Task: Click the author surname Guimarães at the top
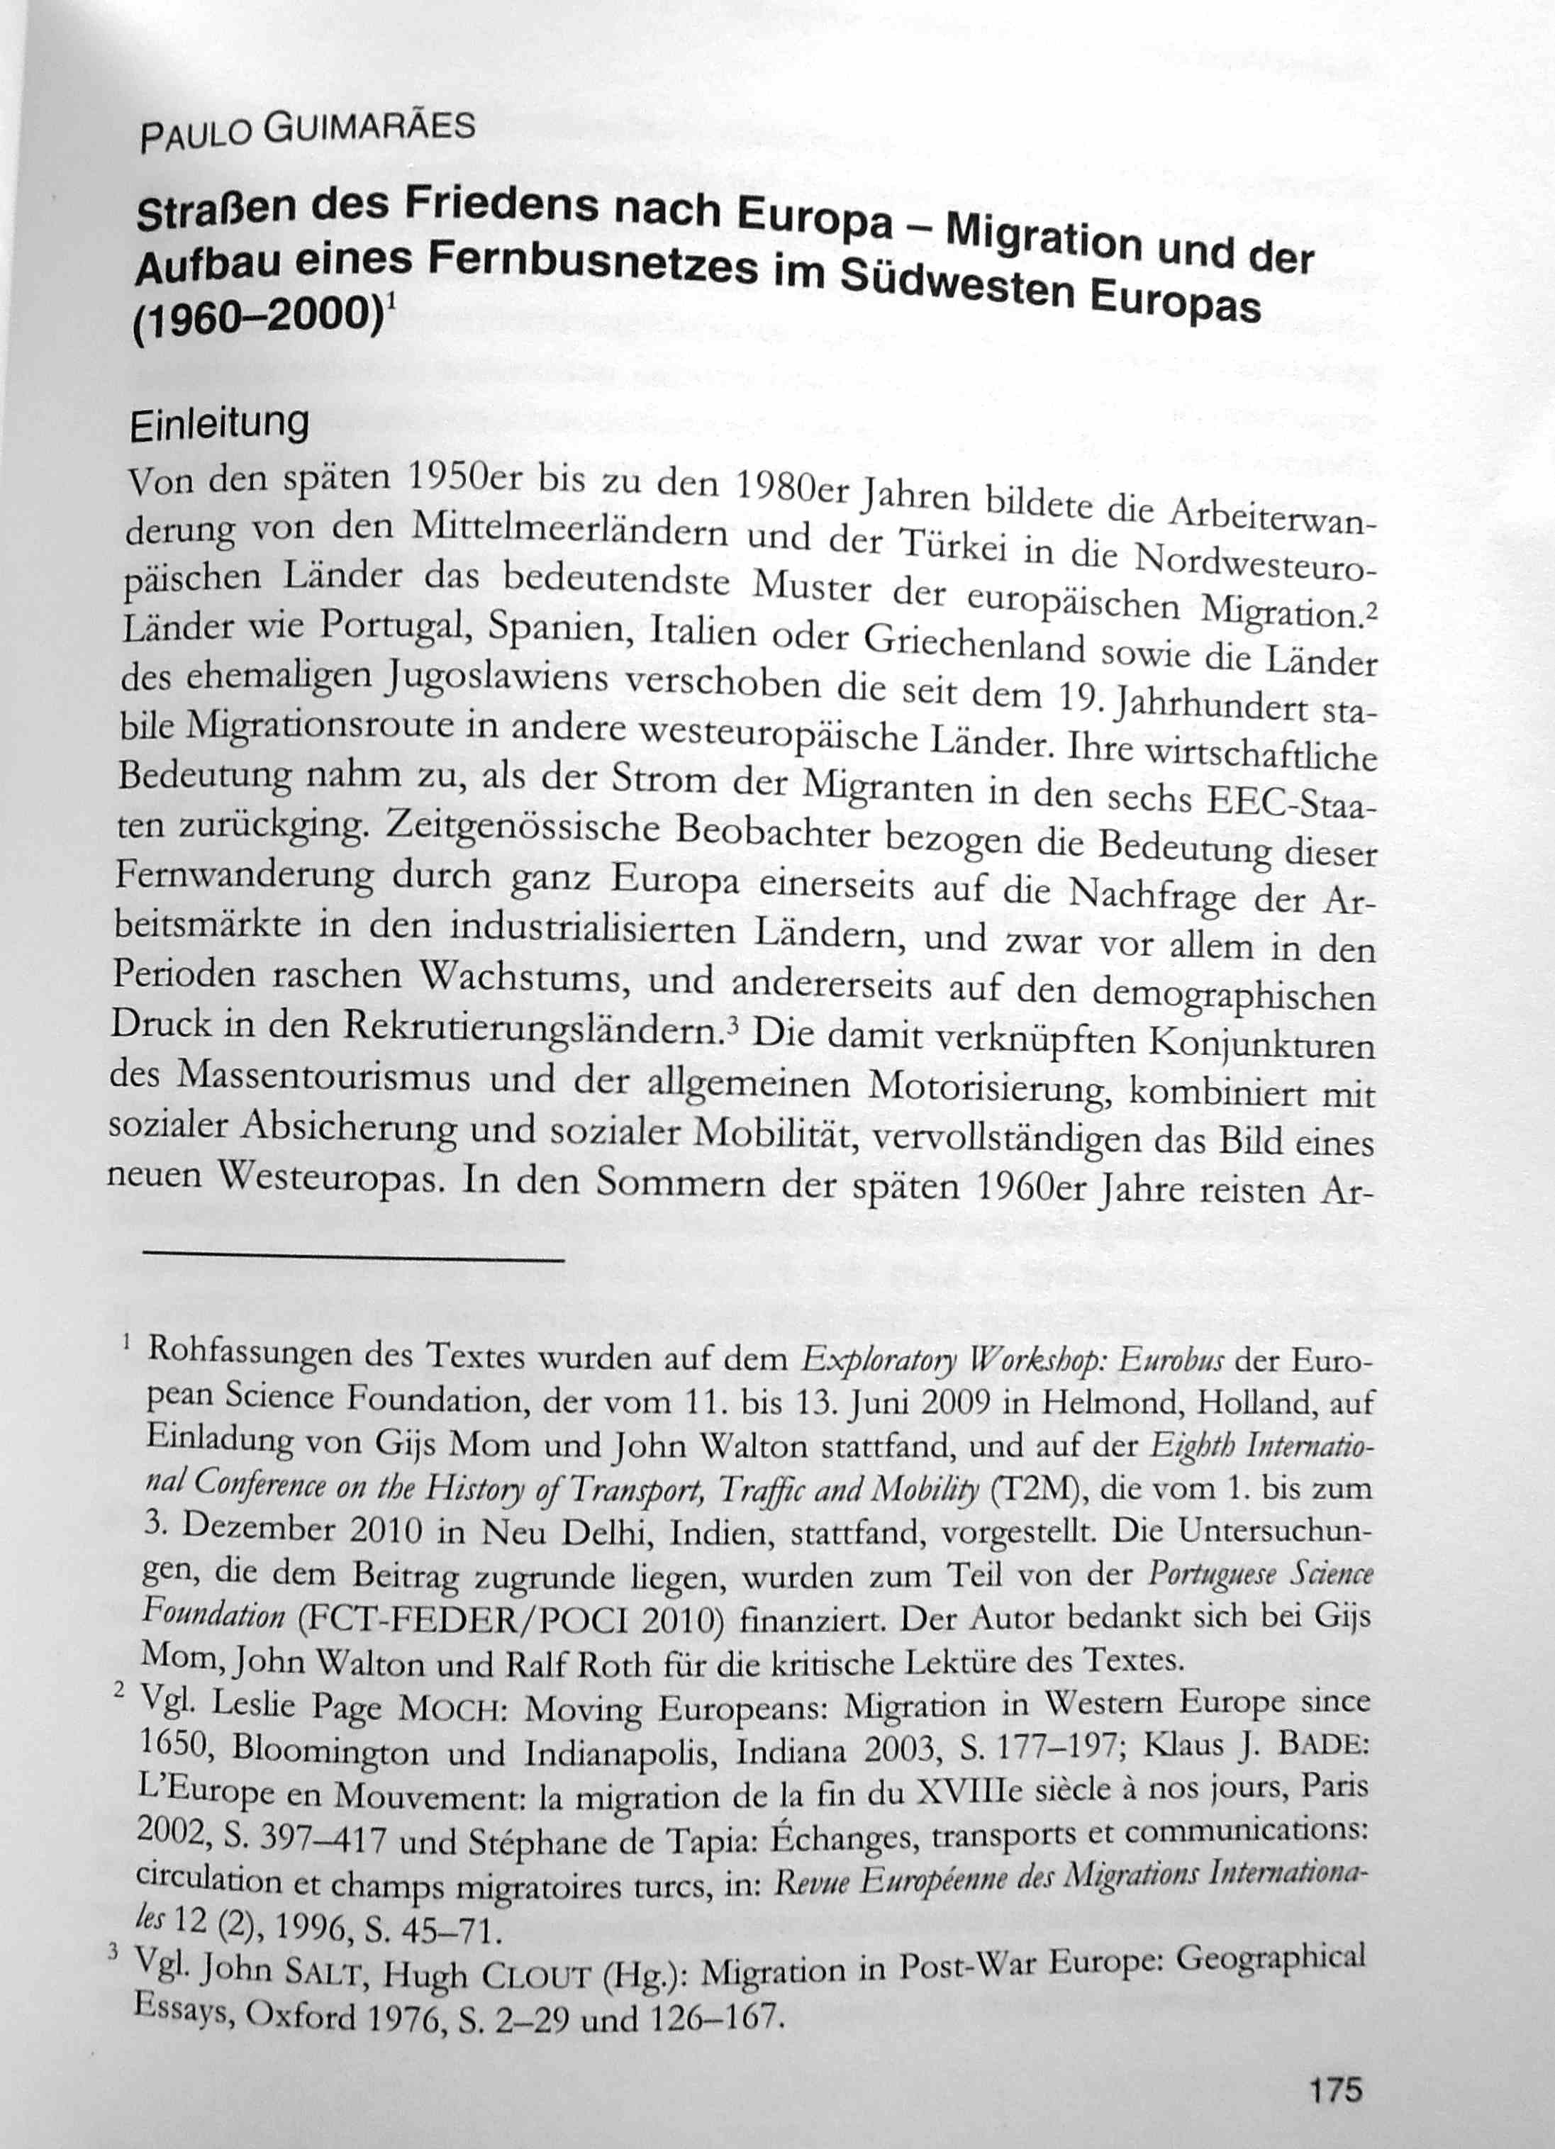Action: tap(369, 127)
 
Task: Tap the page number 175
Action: tap(1335, 2062)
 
